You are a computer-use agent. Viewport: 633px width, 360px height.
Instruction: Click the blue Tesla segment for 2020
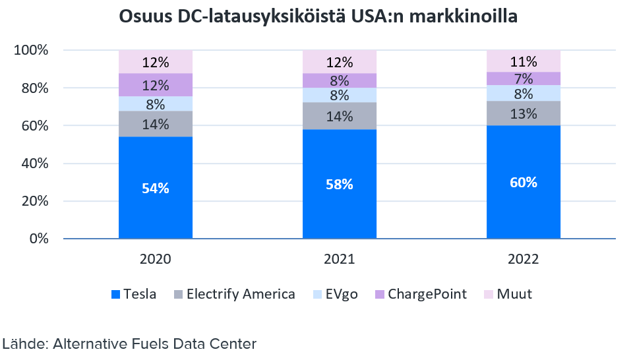coord(156,187)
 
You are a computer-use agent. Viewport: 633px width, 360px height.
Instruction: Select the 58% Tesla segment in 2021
coord(340,184)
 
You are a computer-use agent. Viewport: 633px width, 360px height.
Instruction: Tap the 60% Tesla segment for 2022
coord(524,182)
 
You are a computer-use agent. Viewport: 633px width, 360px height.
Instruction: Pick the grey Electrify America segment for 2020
coord(156,124)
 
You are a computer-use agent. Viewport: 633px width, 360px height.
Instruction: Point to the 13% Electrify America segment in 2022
coord(524,113)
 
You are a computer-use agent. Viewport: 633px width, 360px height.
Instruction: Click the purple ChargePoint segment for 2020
coord(156,85)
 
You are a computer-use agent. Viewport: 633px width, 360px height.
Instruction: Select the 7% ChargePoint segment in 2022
coord(524,78)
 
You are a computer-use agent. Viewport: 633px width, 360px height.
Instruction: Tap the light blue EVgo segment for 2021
coord(340,95)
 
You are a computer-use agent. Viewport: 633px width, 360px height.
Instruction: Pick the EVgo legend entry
coord(336,294)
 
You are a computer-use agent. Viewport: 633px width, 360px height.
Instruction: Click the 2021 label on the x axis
coord(340,259)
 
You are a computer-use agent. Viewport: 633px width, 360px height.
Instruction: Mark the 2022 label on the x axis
coord(524,259)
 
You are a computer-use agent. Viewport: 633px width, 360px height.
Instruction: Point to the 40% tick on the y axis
coord(32,164)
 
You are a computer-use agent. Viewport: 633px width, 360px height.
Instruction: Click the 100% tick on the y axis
coord(30,50)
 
